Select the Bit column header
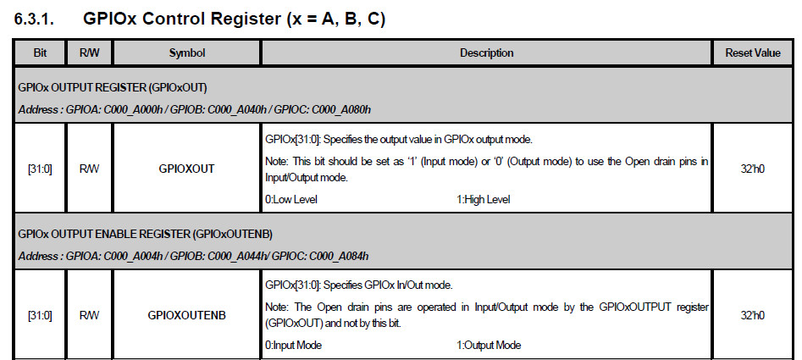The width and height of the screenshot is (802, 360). coord(40,53)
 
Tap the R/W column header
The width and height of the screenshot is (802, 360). coord(89,53)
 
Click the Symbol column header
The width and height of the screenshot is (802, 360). coord(186,53)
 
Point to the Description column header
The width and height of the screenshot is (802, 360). coord(486,53)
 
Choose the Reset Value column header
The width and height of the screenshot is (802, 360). coord(753,53)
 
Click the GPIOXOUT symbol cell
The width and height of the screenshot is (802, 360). coord(186,169)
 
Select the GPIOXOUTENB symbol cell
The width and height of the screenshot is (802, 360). coord(186,314)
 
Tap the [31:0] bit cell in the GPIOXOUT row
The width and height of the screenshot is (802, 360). coord(40,169)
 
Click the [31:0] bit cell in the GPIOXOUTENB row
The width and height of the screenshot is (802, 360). coord(40,314)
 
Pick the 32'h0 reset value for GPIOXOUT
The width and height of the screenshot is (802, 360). coord(753,169)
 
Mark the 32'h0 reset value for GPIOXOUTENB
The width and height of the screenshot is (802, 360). coord(753,314)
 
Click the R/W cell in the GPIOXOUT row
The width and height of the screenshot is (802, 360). coord(89,169)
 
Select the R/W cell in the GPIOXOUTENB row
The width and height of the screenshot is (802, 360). coord(89,314)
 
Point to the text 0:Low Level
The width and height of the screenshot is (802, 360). coord(291,199)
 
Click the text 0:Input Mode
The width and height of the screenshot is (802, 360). coord(293,345)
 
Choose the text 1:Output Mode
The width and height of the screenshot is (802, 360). coord(489,345)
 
